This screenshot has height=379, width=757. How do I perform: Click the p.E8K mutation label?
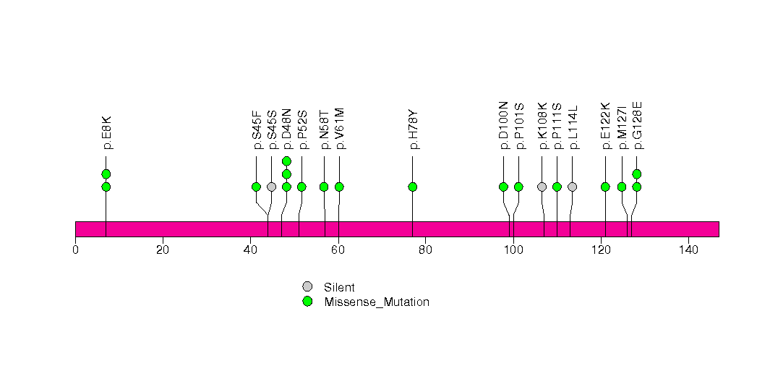tap(106, 132)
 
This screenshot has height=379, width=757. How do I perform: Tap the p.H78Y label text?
tap(413, 130)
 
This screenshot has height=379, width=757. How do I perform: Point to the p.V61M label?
tap(339, 129)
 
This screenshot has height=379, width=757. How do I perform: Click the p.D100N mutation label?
tap(503, 126)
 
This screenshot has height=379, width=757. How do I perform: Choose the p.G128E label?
tap(637, 126)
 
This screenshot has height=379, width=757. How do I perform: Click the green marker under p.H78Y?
tap(413, 187)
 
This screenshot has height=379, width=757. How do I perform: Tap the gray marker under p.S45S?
tap(271, 187)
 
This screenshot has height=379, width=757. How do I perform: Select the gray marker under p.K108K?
tap(542, 187)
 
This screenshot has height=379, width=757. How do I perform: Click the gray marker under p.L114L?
tap(573, 187)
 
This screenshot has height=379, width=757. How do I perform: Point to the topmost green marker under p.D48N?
tap(286, 161)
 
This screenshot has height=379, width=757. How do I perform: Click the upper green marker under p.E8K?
tap(106, 174)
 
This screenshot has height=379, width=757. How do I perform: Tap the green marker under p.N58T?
tap(324, 187)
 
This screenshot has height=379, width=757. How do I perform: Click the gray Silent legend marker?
tap(307, 287)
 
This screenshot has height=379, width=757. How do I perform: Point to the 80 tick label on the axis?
tap(425, 250)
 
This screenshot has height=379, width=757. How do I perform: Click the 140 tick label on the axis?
tap(688, 250)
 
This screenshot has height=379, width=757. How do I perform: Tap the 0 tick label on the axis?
tap(75, 250)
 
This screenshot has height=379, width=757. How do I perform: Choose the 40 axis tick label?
tap(250, 250)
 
